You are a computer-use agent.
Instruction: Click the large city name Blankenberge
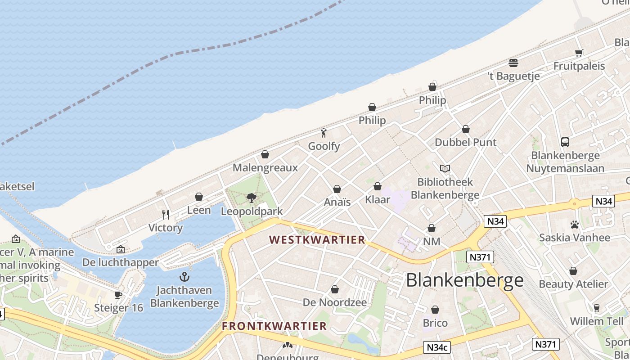[x=464, y=280]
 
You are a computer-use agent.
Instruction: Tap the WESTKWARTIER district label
[x=317, y=240]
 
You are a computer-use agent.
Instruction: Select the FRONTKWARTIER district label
[x=274, y=326]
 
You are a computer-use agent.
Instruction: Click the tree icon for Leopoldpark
[x=252, y=198]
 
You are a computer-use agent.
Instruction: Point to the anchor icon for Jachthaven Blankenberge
[x=184, y=277]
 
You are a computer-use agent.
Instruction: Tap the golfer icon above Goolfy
[x=324, y=133]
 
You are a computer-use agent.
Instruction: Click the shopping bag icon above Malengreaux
[x=265, y=155]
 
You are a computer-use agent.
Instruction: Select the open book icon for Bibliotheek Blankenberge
[x=445, y=169]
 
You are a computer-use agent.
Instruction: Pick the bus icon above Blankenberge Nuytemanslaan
[x=565, y=142]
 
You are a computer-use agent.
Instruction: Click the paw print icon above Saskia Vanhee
[x=574, y=224]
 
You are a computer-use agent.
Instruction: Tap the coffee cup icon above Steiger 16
[x=118, y=295]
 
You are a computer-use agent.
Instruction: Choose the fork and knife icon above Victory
[x=166, y=214]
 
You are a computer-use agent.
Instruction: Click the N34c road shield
[x=437, y=347]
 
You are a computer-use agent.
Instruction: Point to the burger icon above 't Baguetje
[x=513, y=63]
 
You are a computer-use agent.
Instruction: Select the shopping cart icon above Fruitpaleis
[x=579, y=53]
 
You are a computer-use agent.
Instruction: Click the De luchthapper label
[x=121, y=262]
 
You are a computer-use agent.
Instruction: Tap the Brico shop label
[x=435, y=323]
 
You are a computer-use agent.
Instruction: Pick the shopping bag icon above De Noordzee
[x=335, y=289]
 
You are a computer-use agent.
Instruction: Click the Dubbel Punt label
[x=465, y=143]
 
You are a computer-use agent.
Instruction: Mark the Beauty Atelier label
[x=573, y=284]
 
